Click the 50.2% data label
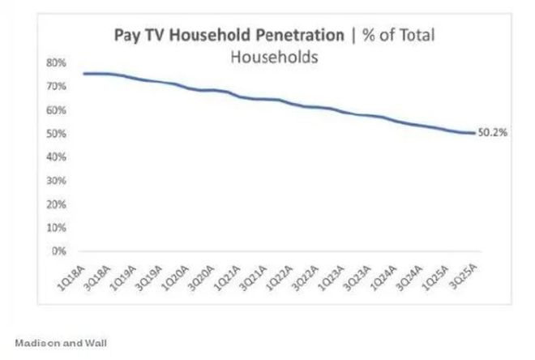[x=492, y=134]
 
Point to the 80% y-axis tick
[x=55, y=62]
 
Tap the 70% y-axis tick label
[x=55, y=86]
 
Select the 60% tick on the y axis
[x=55, y=109]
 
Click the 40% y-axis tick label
[x=55, y=156]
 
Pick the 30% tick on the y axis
[x=55, y=180]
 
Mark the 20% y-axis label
[x=55, y=204]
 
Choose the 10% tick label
[x=55, y=227]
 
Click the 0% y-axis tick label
[x=57, y=251]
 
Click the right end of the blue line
[x=474, y=133]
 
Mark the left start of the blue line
[x=83, y=74]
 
